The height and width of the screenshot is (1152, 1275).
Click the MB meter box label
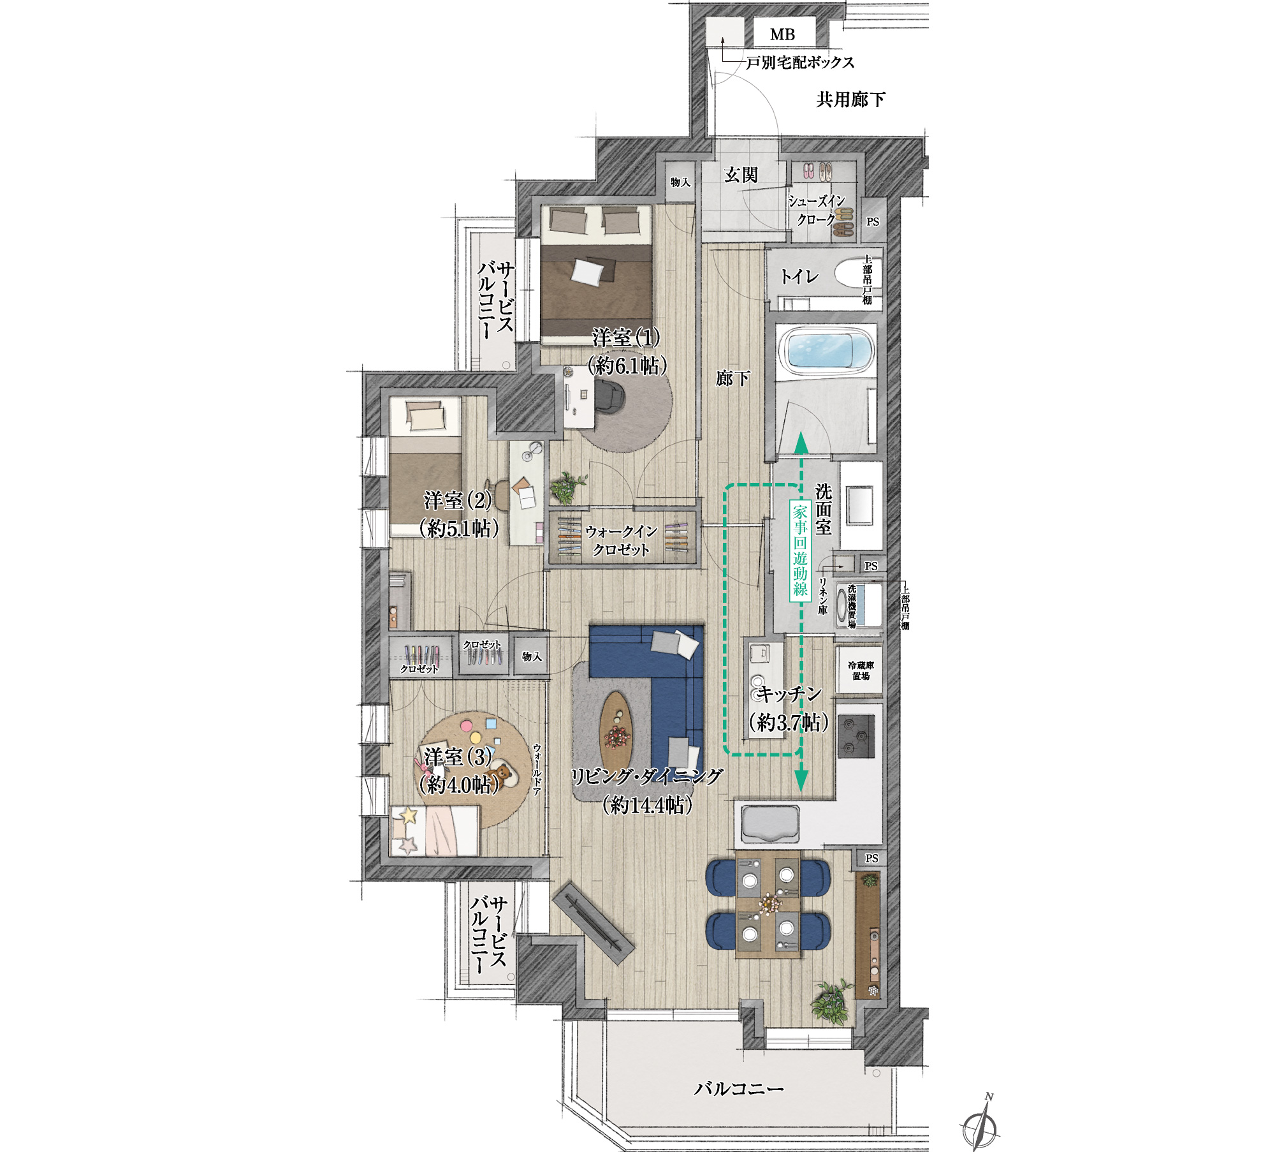(x=782, y=34)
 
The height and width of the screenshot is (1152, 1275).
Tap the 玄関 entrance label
(x=741, y=175)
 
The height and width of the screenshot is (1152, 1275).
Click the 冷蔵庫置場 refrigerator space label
(x=861, y=670)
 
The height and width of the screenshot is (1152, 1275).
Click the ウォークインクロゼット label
(x=621, y=540)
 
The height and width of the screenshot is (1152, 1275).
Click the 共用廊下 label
(x=850, y=100)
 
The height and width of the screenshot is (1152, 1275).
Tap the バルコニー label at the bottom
(x=739, y=1088)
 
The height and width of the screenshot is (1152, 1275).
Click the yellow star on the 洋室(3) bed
(x=408, y=815)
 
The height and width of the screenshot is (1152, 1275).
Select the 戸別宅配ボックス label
(x=800, y=63)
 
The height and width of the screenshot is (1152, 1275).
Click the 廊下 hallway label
(x=732, y=379)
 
